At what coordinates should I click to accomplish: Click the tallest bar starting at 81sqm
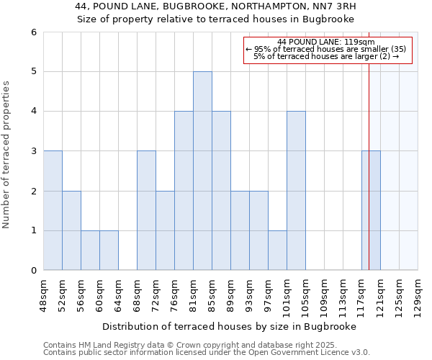click(202, 171)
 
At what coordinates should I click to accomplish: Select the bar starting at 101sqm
click(296, 191)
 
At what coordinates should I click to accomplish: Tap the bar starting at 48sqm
click(53, 210)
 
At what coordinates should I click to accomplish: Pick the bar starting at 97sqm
click(277, 250)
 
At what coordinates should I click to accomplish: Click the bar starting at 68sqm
click(146, 210)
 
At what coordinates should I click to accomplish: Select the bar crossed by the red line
click(371, 210)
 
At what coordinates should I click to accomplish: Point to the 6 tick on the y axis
click(33, 32)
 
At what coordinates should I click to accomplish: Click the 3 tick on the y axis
click(33, 151)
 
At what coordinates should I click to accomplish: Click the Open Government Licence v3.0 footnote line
click(207, 353)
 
